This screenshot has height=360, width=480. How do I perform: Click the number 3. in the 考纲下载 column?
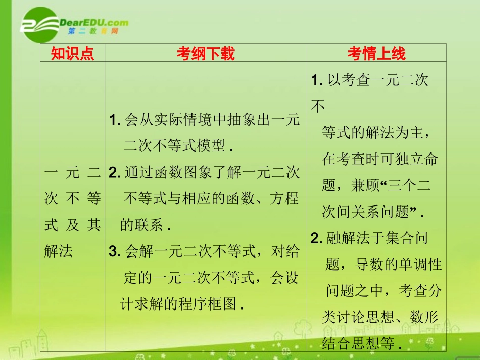114,251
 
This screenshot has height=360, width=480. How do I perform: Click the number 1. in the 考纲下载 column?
114,120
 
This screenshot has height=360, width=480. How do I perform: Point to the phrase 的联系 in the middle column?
141,225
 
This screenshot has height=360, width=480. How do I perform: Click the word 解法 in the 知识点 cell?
59,251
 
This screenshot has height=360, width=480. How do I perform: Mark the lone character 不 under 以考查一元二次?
318,107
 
